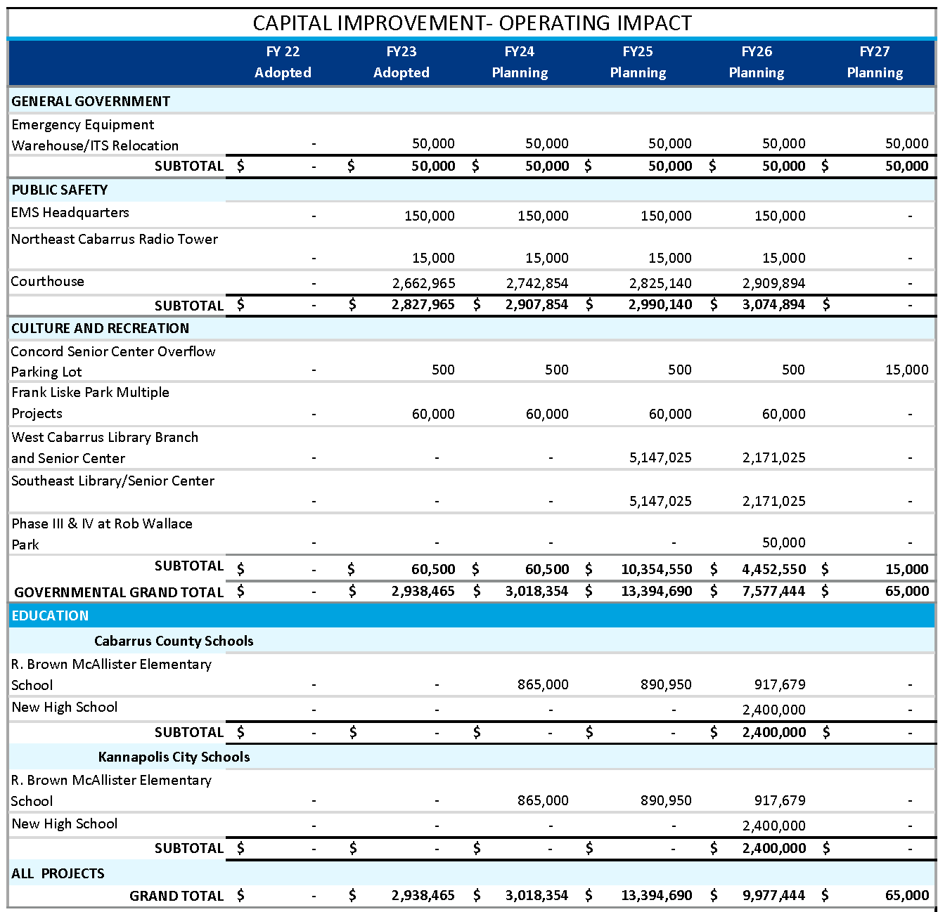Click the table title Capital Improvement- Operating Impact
(x=472, y=22)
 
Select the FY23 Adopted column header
(x=401, y=62)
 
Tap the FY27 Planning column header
(x=874, y=62)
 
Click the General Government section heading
(x=91, y=101)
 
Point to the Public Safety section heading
(x=60, y=190)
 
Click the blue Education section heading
(x=50, y=615)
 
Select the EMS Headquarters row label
(x=70, y=212)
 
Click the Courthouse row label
(x=48, y=281)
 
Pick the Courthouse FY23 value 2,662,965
(x=423, y=283)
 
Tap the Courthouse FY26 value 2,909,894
(x=773, y=283)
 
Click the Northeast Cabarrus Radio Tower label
(x=115, y=239)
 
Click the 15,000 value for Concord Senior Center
(x=906, y=370)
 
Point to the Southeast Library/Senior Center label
(x=113, y=481)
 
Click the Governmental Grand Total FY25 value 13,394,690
(x=657, y=591)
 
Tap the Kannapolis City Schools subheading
(x=174, y=757)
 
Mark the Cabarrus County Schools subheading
(x=174, y=641)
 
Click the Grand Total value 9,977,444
(x=773, y=896)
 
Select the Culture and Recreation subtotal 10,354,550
(x=657, y=569)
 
